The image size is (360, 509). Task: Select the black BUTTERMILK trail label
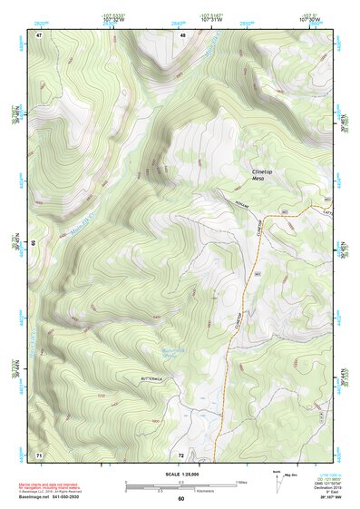point(153,377)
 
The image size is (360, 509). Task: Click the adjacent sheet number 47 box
point(40,35)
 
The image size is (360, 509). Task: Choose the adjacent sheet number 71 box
point(39,454)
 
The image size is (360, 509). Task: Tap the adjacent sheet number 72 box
point(181,454)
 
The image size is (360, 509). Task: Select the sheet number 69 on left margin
point(34,243)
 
